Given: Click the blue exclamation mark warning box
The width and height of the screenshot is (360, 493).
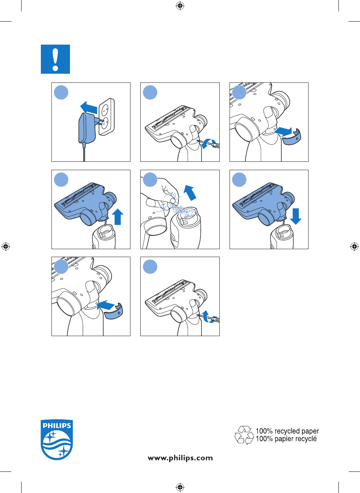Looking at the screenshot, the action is (55, 59).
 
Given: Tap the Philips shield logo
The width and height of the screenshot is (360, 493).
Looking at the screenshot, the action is (57, 440).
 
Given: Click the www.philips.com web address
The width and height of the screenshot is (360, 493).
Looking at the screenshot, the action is (180, 458).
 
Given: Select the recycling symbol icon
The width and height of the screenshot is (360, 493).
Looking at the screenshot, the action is (244, 435).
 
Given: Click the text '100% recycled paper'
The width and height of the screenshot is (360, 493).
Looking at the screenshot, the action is (287, 431).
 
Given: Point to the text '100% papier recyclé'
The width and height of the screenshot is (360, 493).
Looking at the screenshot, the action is (286, 439).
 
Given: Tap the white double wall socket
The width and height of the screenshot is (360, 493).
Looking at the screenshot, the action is (107, 117).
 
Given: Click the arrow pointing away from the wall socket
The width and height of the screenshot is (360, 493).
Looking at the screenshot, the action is (89, 108).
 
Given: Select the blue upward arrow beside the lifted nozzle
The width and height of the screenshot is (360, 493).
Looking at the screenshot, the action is (118, 217).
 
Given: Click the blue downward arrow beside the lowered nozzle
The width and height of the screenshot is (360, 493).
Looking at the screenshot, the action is (296, 216).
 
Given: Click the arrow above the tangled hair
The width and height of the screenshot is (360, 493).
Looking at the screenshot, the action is (190, 192).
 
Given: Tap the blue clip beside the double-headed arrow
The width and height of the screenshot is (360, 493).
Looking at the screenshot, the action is (291, 137).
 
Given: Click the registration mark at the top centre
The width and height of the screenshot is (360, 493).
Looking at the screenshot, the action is (180, 6).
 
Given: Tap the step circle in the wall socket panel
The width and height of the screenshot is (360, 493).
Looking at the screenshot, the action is (61, 92).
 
